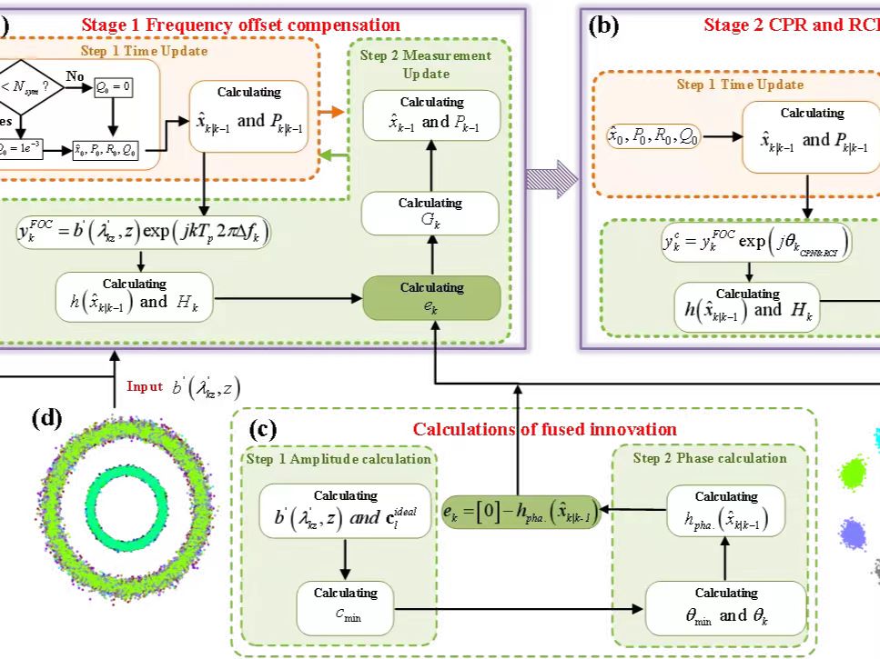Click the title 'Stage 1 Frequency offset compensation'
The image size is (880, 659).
tap(241, 25)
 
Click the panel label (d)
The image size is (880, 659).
tap(46, 419)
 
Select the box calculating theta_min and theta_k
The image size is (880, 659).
tap(725, 607)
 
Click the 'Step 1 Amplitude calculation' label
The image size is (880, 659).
tap(339, 459)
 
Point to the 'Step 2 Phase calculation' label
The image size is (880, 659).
tap(712, 458)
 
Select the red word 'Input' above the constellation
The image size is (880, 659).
tap(145, 386)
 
